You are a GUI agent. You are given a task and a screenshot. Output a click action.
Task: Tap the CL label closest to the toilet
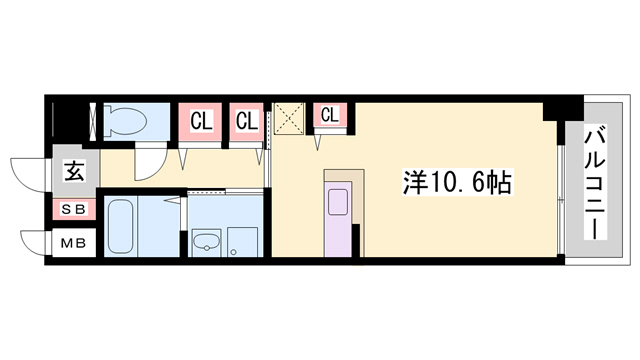click(201, 122)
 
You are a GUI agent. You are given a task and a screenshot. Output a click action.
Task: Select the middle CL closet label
click(247, 122)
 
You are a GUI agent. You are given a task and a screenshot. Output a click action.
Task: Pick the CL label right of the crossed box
click(329, 115)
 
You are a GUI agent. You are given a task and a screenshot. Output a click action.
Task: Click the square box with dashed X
click(291, 120)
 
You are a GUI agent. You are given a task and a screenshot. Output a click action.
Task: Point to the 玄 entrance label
click(75, 171)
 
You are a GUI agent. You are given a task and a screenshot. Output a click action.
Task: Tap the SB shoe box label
click(75, 209)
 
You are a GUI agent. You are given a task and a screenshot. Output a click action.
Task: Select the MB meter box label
click(75, 243)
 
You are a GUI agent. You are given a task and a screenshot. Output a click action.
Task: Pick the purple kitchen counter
click(338, 229)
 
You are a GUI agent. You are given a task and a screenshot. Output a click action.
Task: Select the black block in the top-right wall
click(557, 109)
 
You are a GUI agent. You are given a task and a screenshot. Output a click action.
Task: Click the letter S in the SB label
click(69, 209)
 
